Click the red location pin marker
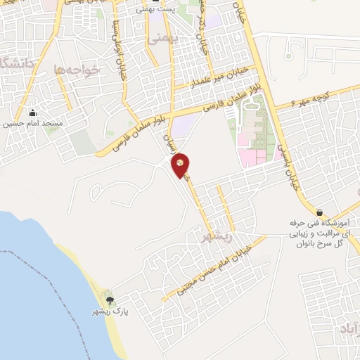point(181,165)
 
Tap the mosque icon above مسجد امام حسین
point(32,112)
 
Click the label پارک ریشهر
point(105,311)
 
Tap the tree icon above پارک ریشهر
point(106,300)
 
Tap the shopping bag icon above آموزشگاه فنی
point(319,212)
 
